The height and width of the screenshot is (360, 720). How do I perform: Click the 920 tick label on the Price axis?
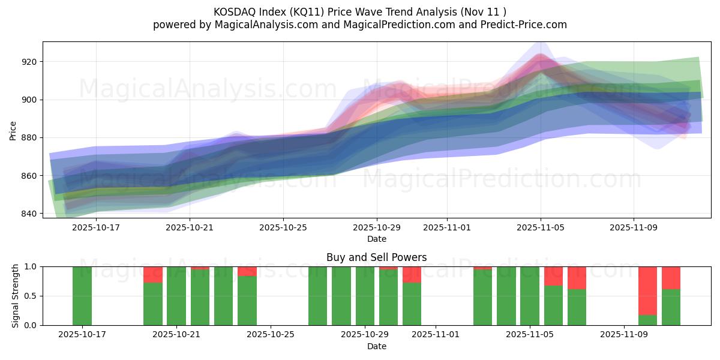click(x=29, y=62)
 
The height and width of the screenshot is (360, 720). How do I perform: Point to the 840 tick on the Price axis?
click(x=29, y=214)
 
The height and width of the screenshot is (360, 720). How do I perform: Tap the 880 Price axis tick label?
click(x=29, y=138)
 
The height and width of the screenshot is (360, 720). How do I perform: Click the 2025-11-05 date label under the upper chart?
click(x=540, y=228)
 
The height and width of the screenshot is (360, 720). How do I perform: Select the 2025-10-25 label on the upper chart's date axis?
click(x=283, y=228)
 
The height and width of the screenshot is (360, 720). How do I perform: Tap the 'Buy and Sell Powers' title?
click(x=376, y=257)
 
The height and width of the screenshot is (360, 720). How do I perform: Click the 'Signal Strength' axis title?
click(x=16, y=296)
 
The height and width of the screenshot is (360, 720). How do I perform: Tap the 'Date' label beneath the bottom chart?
click(x=376, y=346)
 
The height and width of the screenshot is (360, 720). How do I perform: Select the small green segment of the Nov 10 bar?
click(x=647, y=320)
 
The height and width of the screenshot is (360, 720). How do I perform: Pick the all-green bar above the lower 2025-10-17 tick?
click(x=82, y=296)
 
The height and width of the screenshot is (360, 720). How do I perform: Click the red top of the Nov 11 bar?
click(x=671, y=278)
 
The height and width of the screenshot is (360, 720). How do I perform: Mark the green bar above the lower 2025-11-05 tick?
click(x=530, y=296)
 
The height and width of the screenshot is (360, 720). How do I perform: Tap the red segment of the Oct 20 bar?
click(x=153, y=274)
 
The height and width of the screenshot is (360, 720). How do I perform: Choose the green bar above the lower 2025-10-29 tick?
click(x=365, y=296)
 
